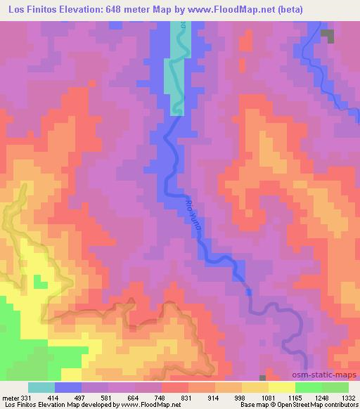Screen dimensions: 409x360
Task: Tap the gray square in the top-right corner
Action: pos(326,34)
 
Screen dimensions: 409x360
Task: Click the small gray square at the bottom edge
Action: pos(263,378)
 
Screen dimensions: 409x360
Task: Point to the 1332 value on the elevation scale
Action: pos(349,398)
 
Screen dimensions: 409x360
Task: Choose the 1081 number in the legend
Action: pos(269,398)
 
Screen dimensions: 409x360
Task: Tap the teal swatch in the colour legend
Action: pos(41,387)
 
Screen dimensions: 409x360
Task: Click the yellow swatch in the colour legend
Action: pos(282,387)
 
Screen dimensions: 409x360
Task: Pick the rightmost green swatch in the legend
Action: pos(335,387)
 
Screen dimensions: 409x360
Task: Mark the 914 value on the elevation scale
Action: pos(215,398)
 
